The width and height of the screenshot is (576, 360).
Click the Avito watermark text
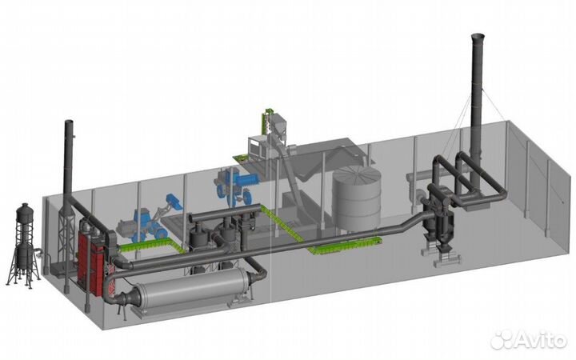tap(540, 340)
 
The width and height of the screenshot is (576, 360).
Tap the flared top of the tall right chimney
tap(478, 37)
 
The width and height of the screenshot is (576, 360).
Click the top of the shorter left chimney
tap(69, 122)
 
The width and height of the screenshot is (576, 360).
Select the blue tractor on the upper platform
tap(237, 186)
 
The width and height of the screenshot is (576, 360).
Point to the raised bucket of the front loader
tap(174, 202)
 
